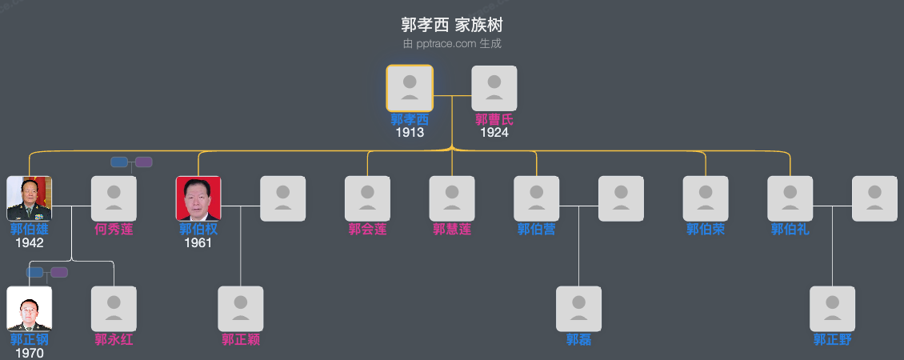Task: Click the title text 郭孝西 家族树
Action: coord(452,25)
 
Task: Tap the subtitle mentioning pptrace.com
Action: coord(452,44)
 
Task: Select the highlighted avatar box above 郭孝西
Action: coord(410,88)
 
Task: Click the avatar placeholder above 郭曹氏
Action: coord(494,88)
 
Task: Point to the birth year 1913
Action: coord(410,133)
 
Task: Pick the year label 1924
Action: coord(494,133)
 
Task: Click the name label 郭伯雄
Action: coord(30,230)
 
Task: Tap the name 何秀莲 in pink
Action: coord(114,230)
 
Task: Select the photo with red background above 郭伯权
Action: coord(198,198)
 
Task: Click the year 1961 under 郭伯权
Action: coord(198,243)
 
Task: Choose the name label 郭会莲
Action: coord(367,230)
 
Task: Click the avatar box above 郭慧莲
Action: coord(452,198)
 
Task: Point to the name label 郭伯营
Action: coord(537,230)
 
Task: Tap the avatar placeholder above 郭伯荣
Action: coord(706,198)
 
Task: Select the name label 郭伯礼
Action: coord(790,230)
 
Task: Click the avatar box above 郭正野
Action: coord(833,309)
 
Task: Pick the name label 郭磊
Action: coord(579,340)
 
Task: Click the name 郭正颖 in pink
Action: coord(241,340)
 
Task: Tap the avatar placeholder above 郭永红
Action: coord(114,309)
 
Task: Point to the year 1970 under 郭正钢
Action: coord(30,353)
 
